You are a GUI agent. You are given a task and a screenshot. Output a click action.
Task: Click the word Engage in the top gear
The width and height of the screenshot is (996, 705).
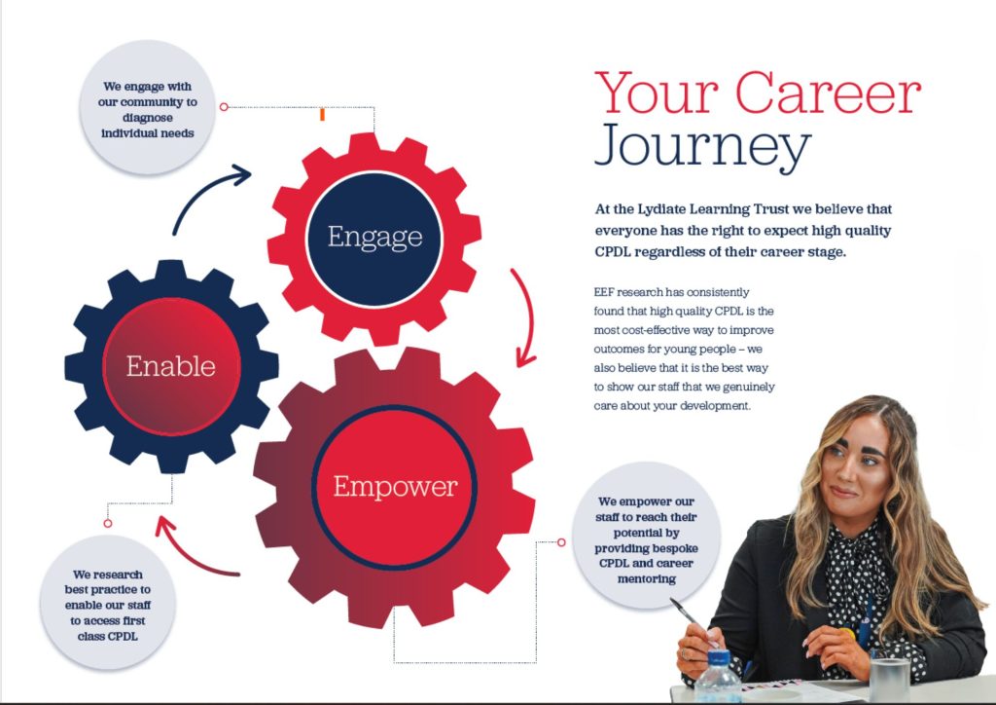pyautogui.click(x=374, y=238)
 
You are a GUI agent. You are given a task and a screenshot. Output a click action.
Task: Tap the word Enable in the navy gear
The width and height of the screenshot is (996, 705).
pyautogui.click(x=171, y=366)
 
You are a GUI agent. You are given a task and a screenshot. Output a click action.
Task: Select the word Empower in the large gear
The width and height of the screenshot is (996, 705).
pyautogui.click(x=395, y=488)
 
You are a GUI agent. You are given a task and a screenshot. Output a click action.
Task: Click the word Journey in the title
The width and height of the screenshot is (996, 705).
pyautogui.click(x=702, y=146)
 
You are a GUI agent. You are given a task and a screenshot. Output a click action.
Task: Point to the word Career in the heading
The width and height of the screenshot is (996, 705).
pyautogui.click(x=829, y=93)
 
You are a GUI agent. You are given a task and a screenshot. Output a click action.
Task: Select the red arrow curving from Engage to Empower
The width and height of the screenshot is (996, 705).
pyautogui.click(x=525, y=317)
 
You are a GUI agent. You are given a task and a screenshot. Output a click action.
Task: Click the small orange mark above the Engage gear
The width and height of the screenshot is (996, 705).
pyautogui.click(x=322, y=115)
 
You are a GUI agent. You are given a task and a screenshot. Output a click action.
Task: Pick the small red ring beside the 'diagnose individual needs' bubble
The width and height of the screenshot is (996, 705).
pyautogui.click(x=224, y=107)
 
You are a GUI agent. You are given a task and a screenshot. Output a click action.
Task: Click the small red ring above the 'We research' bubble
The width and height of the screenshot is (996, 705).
pyautogui.click(x=108, y=523)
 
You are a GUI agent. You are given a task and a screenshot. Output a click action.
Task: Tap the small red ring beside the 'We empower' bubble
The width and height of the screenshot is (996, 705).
pyautogui.click(x=561, y=542)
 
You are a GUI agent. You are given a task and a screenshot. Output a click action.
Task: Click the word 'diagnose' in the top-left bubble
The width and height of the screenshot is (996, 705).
pyautogui.click(x=148, y=118)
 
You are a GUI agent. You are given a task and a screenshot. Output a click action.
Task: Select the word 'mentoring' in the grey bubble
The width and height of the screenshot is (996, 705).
pyautogui.click(x=647, y=579)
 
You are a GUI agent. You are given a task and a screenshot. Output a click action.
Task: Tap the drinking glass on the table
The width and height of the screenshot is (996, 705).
pyautogui.click(x=890, y=680)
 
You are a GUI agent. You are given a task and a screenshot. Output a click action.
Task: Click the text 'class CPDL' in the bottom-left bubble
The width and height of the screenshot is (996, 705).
pyautogui.click(x=107, y=636)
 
